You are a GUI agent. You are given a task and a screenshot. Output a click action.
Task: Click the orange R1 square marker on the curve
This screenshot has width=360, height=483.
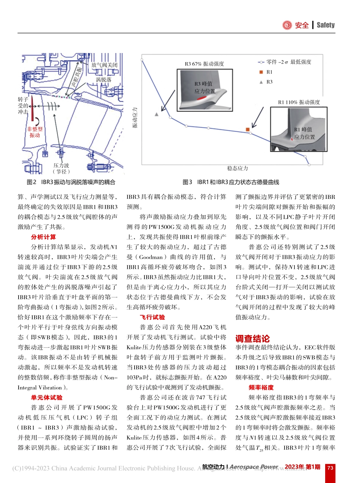[x=247, y=130]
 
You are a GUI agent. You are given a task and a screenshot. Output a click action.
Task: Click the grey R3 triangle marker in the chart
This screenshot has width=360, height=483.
[x=157, y=114]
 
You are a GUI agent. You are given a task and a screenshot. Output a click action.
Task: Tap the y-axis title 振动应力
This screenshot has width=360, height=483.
[x=135, y=117]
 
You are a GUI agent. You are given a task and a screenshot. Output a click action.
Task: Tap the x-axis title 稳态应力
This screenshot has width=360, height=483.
[x=238, y=168]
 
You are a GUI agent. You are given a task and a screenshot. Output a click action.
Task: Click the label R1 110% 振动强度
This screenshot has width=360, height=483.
[x=299, y=102]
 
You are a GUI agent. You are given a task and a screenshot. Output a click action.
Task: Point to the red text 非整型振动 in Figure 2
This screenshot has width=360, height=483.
[x=34, y=132]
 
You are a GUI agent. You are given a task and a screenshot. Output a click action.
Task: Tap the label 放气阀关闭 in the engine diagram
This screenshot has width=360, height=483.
[x=104, y=65]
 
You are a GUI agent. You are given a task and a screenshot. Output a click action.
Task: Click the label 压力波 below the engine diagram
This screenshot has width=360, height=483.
[x=61, y=166]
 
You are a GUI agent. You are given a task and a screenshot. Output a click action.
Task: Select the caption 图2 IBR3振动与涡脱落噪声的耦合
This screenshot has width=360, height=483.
[x=71, y=182]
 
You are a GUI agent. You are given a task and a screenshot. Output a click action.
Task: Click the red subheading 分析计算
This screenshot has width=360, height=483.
[x=43, y=237]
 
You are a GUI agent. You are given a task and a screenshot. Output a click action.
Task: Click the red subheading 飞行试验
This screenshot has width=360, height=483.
[x=152, y=317]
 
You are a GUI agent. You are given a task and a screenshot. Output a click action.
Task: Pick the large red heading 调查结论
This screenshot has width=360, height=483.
[x=252, y=338]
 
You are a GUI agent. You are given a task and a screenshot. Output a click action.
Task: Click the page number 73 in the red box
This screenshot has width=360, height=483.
[x=330, y=467]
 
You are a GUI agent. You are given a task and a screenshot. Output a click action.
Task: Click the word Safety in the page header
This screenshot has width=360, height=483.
[x=326, y=25]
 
